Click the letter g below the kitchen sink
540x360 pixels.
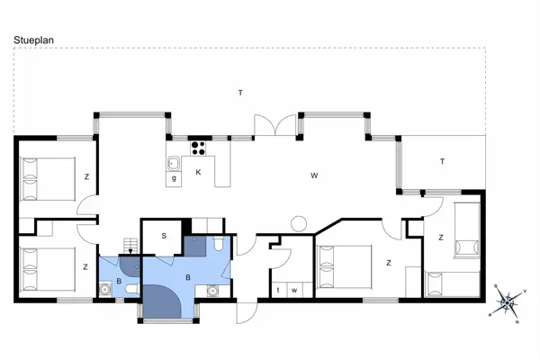[x=174, y=178]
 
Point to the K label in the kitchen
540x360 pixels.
[x=198, y=172]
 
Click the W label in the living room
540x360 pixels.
[x=314, y=175]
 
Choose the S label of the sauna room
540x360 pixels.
[x=165, y=236]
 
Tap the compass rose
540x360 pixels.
[x=508, y=301]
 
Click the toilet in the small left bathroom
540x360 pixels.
[x=132, y=288]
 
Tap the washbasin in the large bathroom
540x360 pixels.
[x=212, y=290]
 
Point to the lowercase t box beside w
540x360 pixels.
[x=279, y=290]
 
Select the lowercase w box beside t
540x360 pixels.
[x=294, y=290]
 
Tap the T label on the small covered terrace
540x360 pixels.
[x=442, y=162]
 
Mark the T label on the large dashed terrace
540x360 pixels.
[x=240, y=93]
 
